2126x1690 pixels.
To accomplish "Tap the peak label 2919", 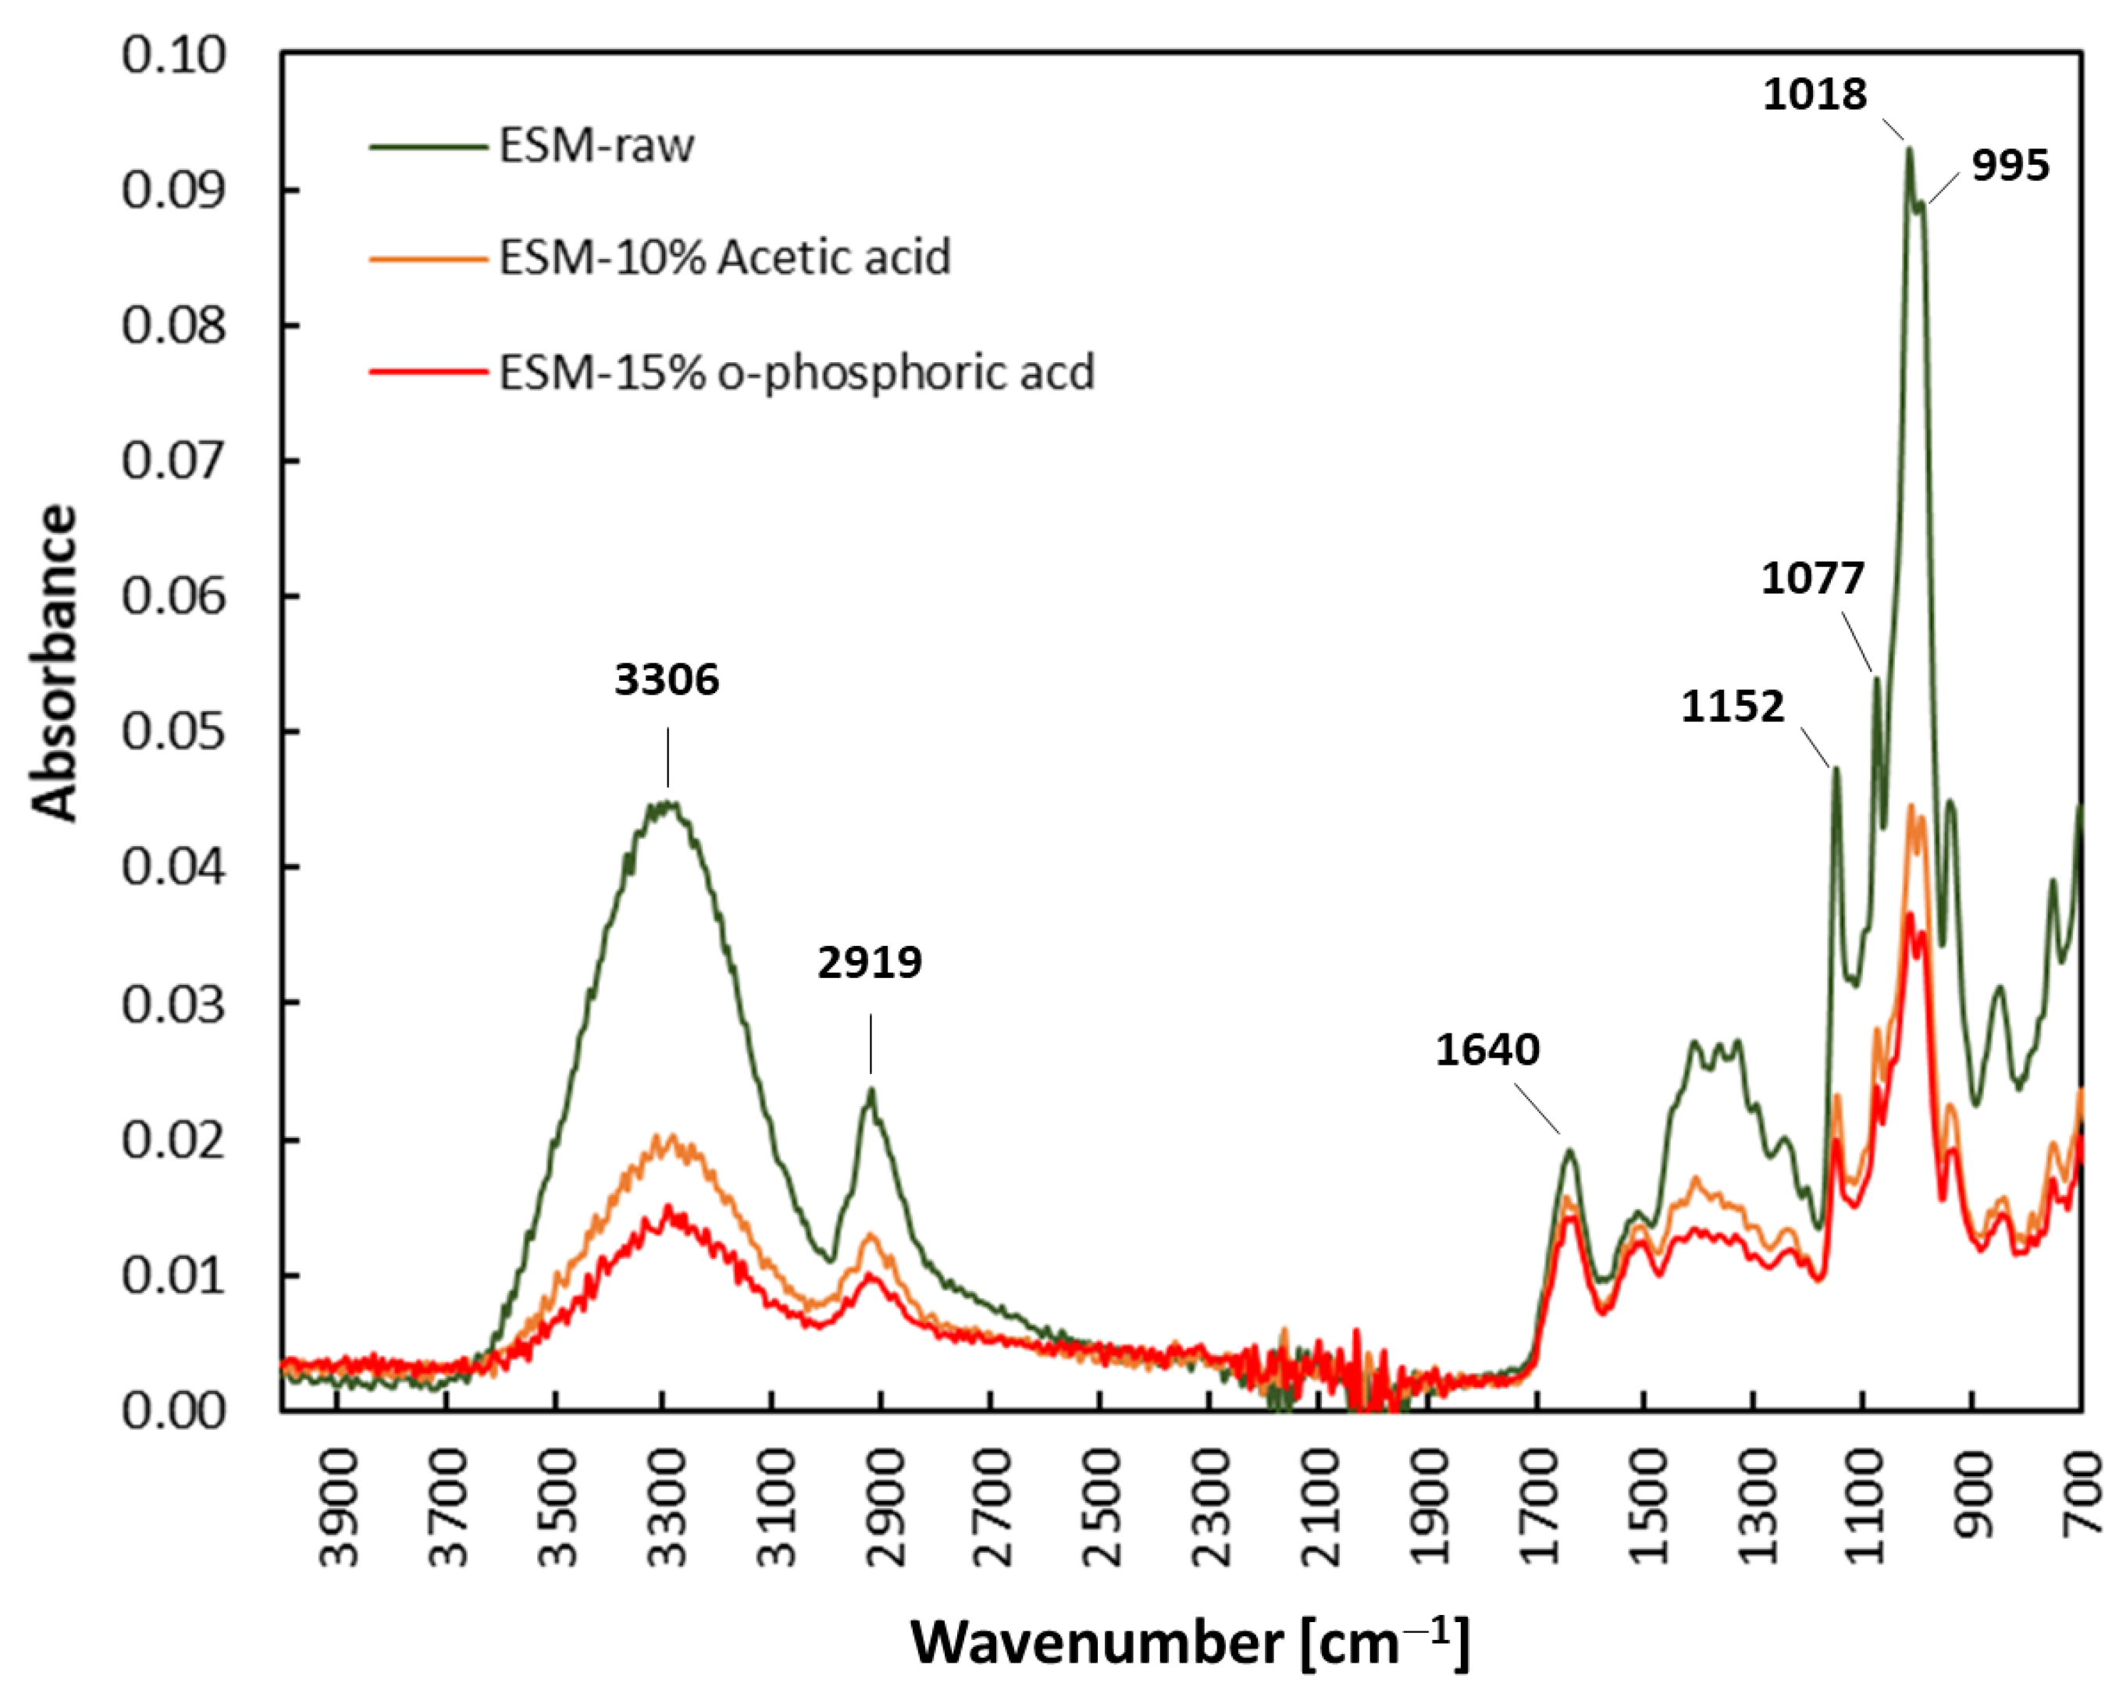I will point(870,962).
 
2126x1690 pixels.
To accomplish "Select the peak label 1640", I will point(1487,1050).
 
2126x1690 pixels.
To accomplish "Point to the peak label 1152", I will point(1732,707).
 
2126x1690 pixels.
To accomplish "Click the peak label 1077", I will point(1812,578).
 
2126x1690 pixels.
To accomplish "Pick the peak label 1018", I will point(1814,94).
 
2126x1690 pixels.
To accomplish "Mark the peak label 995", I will point(2010,165).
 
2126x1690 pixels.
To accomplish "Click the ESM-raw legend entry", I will point(596,146).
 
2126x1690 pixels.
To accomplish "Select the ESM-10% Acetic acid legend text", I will point(725,258).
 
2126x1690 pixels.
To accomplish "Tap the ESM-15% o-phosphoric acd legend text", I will point(796,372).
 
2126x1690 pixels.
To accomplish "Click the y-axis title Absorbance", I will point(54,663).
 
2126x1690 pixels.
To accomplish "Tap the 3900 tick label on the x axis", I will point(339,1507).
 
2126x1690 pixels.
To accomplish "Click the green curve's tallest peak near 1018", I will point(1909,150).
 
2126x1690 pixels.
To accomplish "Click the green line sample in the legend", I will point(428,147).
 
